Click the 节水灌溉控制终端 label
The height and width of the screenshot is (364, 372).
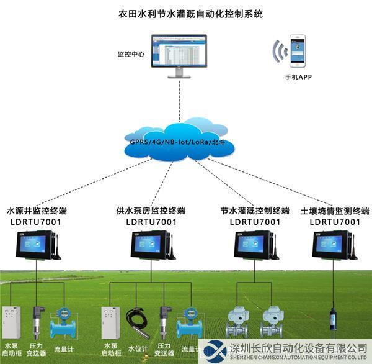click(255, 211)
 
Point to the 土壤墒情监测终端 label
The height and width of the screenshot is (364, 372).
click(335, 211)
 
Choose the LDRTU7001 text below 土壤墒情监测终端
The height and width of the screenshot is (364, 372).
click(335, 222)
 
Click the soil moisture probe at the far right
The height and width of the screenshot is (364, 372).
click(333, 316)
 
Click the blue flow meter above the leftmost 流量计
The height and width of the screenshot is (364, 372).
click(64, 321)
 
